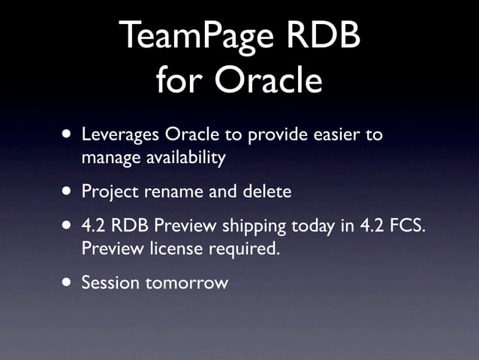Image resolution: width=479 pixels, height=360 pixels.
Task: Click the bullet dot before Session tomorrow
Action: (69, 283)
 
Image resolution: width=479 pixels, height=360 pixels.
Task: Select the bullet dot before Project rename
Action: (69, 192)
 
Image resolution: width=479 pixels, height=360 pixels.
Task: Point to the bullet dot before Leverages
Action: (69, 136)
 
